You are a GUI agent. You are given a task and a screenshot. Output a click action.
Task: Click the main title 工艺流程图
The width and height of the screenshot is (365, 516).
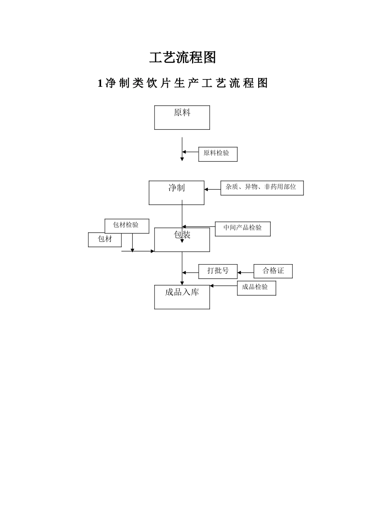coord(182,58)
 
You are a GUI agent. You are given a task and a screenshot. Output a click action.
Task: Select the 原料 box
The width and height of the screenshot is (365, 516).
coord(182,117)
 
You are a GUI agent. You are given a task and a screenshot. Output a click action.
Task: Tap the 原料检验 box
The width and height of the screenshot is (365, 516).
coord(218,154)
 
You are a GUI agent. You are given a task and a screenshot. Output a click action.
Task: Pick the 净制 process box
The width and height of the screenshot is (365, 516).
coord(176,193)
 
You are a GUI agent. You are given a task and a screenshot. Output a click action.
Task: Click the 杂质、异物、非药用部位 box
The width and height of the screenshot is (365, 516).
coord(262,188)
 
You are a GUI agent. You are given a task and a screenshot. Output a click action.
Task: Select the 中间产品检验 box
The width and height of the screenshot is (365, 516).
coord(242,229)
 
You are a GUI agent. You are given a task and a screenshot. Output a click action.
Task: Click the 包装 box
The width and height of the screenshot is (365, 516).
coord(182,240)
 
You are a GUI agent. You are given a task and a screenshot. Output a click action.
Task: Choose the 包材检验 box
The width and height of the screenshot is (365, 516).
coord(127,226)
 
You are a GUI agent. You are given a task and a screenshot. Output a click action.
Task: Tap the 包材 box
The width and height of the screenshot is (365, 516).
coord(105,240)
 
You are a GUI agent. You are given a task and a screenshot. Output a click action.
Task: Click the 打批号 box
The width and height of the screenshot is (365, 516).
coord(218,271)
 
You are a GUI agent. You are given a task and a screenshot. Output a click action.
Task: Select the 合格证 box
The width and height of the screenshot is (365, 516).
coord(273,271)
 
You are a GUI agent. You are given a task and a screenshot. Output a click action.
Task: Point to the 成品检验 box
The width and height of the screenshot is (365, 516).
coord(256,288)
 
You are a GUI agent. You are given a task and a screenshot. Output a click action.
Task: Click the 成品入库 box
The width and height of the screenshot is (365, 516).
coord(182,297)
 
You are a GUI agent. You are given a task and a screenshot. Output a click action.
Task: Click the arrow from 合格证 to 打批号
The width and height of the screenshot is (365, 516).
coord(245,273)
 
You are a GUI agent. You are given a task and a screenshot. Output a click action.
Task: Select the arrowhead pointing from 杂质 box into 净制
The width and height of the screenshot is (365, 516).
coord(206,189)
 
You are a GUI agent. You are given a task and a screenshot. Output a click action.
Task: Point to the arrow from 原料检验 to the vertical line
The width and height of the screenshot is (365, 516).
coord(190,152)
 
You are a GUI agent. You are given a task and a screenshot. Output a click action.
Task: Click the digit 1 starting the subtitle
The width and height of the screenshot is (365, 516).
coord(100,83)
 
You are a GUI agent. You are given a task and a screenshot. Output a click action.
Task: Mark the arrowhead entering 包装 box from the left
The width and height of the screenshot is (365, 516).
coord(153,251)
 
